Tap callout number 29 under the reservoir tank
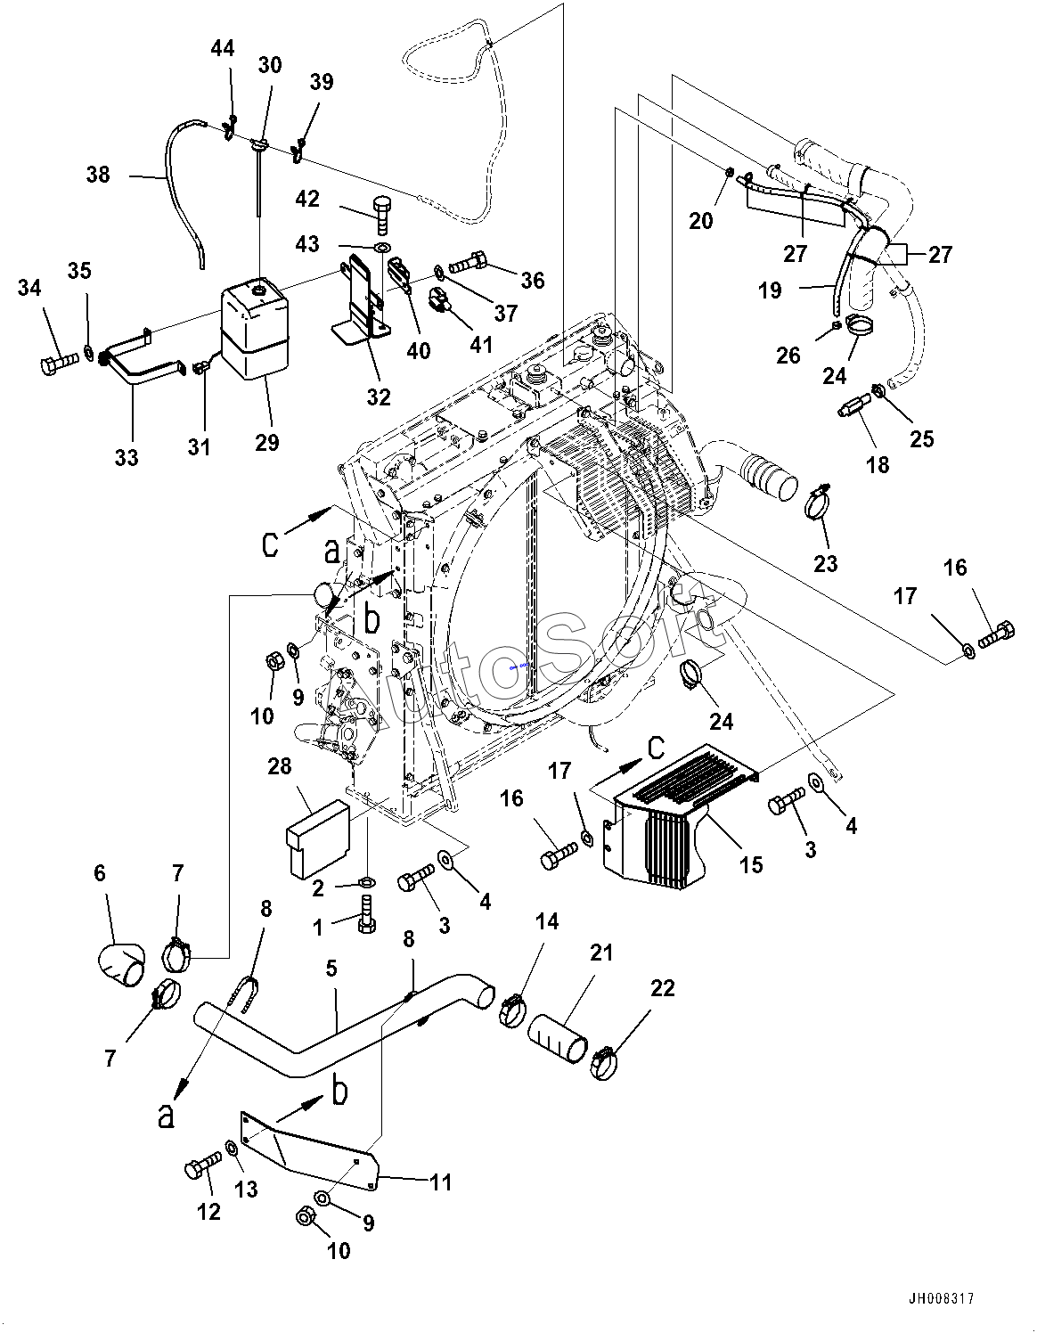tap(266, 441)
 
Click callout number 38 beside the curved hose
tap(98, 175)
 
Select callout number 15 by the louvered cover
tap(751, 863)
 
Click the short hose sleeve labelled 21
tap(559, 1035)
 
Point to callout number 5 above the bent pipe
tap(331, 969)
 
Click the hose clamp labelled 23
tap(820, 502)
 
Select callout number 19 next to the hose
tap(770, 290)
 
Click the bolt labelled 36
tap(466, 263)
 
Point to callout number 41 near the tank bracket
tap(482, 343)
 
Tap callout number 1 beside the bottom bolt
tap(318, 928)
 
